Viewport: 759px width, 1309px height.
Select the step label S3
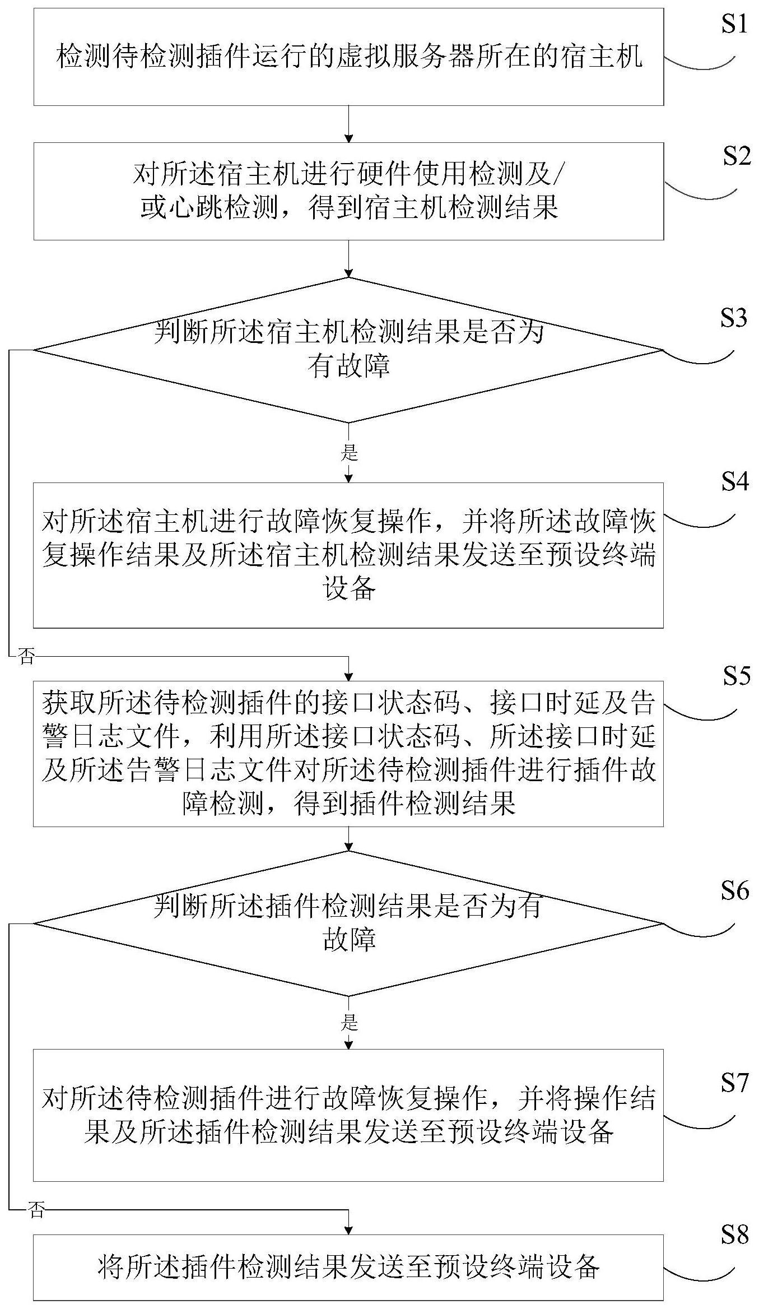tap(734, 318)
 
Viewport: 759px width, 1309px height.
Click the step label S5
tap(735, 676)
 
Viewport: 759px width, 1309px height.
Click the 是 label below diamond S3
tap(349, 453)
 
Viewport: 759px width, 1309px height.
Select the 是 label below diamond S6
tap(349, 1023)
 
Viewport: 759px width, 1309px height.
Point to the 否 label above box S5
tap(26, 657)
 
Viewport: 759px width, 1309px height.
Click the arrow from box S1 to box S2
tap(349, 123)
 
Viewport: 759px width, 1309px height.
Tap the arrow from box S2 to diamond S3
tap(349, 258)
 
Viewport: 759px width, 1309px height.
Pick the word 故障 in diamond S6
tap(348, 939)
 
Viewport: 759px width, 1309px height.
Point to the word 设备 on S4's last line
tap(348, 589)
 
